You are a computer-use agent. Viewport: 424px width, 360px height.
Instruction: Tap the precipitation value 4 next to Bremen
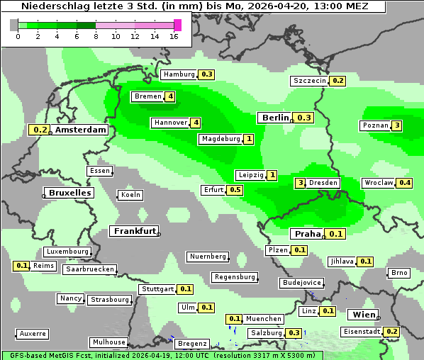click(170, 96)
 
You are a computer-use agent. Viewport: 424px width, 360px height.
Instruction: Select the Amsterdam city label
click(81, 130)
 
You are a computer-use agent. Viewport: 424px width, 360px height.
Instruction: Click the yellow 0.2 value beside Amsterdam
click(40, 130)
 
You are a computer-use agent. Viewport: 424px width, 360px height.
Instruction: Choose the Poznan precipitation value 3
click(397, 126)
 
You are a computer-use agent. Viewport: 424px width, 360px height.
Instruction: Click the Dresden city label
click(323, 183)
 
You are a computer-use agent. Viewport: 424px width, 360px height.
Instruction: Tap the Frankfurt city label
click(135, 231)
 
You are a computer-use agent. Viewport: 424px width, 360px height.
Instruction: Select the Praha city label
click(308, 234)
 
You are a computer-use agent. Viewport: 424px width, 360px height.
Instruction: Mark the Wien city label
click(364, 315)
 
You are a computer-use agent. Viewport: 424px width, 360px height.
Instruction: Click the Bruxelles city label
click(68, 193)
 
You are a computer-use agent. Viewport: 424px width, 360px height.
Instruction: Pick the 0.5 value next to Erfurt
click(235, 190)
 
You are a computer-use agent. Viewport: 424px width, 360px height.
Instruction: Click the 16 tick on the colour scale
click(174, 36)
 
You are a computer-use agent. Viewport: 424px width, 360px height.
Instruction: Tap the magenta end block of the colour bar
click(177, 25)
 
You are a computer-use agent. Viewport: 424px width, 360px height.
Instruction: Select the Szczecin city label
click(310, 81)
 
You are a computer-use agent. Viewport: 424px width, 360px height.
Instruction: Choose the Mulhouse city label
click(108, 342)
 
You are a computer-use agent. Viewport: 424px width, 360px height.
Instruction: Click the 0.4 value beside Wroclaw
click(405, 183)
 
